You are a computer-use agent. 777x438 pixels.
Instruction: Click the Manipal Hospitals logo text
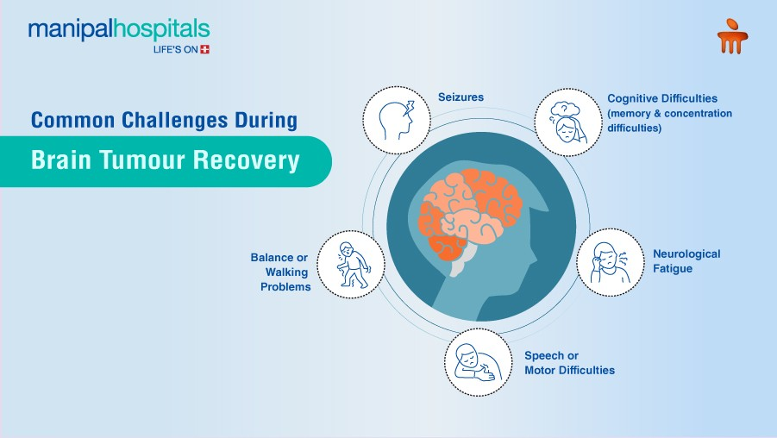pyautogui.click(x=119, y=30)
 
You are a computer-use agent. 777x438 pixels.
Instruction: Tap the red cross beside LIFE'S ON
pyautogui.click(x=204, y=49)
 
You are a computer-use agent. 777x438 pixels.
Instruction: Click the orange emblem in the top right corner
pyautogui.click(x=732, y=38)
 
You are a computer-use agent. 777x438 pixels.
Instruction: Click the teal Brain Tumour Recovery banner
pyautogui.click(x=164, y=161)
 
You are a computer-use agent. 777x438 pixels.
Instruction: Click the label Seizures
pyautogui.click(x=461, y=97)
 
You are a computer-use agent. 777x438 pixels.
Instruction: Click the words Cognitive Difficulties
pyautogui.click(x=662, y=98)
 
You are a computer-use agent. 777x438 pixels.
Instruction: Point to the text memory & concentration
pyautogui.click(x=669, y=113)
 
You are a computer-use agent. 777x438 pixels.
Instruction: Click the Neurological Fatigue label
pyautogui.click(x=686, y=261)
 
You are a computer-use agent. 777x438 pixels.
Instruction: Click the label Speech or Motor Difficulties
pyautogui.click(x=569, y=363)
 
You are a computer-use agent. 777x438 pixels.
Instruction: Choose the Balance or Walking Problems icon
pyautogui.click(x=350, y=264)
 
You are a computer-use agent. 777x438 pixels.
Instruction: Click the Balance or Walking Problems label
pyautogui.click(x=281, y=272)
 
